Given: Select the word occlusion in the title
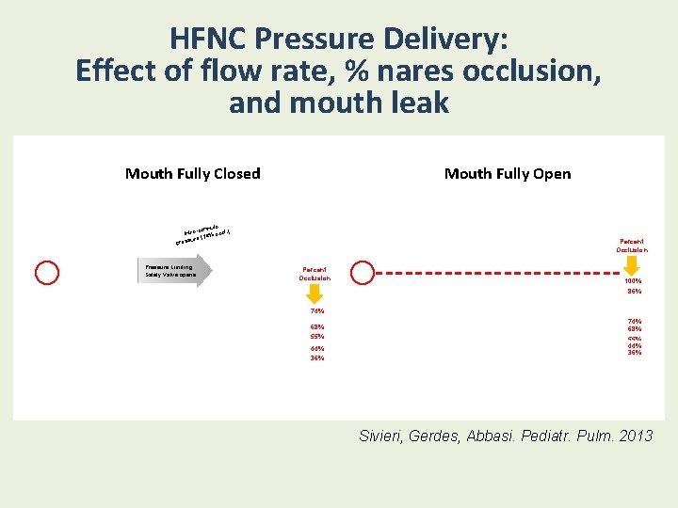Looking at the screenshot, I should tap(525, 71).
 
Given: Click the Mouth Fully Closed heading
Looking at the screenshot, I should tap(193, 173).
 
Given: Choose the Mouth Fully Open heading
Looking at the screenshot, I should tap(508, 173).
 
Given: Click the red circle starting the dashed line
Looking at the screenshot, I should tap(363, 273).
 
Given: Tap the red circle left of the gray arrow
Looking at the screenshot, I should tap(47, 273).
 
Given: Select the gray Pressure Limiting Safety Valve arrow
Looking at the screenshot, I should tap(175, 271).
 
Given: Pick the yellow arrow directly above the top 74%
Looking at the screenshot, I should tap(315, 294).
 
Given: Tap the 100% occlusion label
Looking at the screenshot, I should tap(634, 281).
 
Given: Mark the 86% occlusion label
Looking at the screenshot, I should tap(634, 292).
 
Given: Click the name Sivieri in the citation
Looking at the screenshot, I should tap(386, 436).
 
